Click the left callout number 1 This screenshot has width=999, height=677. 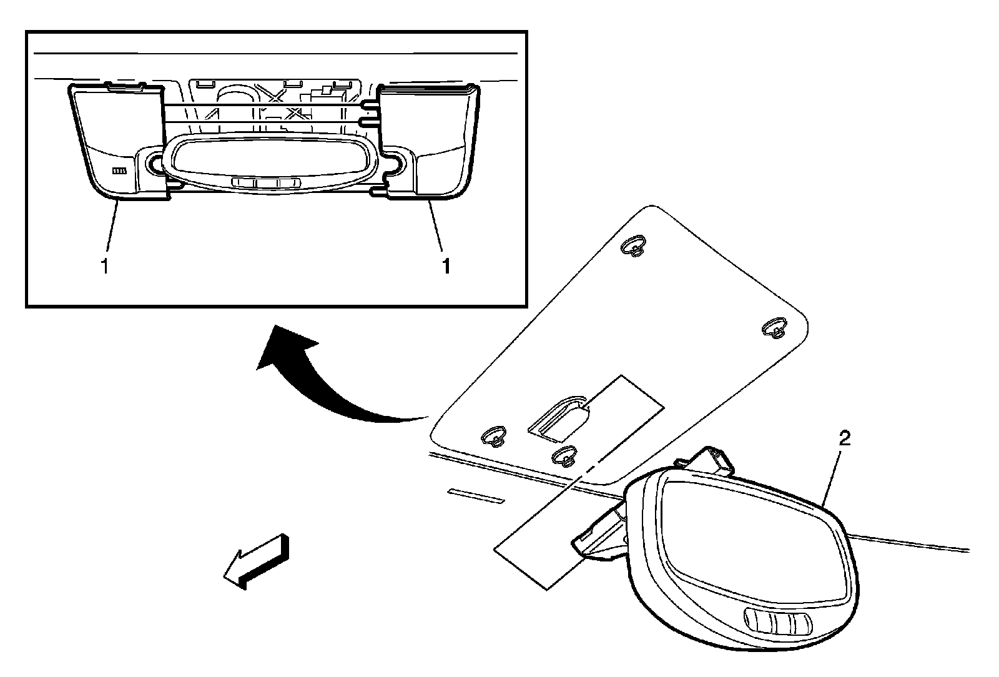[105, 267]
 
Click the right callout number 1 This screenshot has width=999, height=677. [446, 267]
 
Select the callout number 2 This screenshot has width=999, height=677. [844, 438]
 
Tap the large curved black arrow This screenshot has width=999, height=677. [325, 381]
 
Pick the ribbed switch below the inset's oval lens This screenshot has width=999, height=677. [265, 183]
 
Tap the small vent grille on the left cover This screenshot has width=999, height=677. [119, 170]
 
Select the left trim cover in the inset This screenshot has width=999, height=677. [112, 144]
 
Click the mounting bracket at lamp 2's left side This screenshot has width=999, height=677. [599, 534]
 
